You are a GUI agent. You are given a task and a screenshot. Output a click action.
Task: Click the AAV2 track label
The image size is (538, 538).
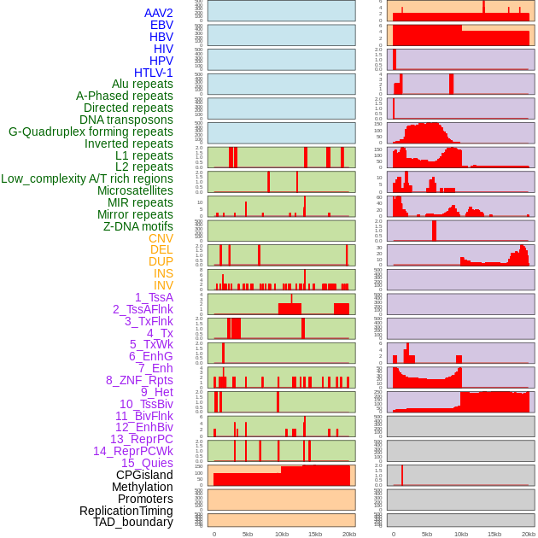159,13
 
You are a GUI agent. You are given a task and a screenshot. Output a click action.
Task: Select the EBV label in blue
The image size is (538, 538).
161,25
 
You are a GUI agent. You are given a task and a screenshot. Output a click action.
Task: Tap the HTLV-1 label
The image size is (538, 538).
154,73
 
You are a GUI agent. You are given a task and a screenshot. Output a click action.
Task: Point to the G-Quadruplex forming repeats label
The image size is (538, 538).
91,132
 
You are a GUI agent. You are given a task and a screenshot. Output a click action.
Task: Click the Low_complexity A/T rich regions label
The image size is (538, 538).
87,178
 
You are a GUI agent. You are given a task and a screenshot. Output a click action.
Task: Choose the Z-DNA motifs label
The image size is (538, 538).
138,226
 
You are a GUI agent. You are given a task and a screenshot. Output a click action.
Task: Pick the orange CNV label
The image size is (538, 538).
161,238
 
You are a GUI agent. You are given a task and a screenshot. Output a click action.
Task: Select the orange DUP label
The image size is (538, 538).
161,261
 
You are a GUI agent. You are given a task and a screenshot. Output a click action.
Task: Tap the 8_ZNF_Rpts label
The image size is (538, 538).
139,380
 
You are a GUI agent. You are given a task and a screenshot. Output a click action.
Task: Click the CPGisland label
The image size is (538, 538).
144,475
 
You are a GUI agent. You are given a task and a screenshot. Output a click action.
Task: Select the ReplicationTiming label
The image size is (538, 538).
126,511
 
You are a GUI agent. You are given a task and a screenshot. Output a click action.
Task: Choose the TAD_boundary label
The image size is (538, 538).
133,522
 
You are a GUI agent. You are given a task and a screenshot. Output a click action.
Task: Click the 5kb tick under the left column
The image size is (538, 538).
248,534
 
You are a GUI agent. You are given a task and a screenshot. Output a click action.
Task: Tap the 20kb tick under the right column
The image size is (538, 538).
529,534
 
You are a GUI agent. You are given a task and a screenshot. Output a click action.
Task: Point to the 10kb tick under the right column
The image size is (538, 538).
461,534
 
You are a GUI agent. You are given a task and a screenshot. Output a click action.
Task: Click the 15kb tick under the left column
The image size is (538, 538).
315,534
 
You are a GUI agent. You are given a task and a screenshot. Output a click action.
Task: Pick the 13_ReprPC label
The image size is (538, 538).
141,439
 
